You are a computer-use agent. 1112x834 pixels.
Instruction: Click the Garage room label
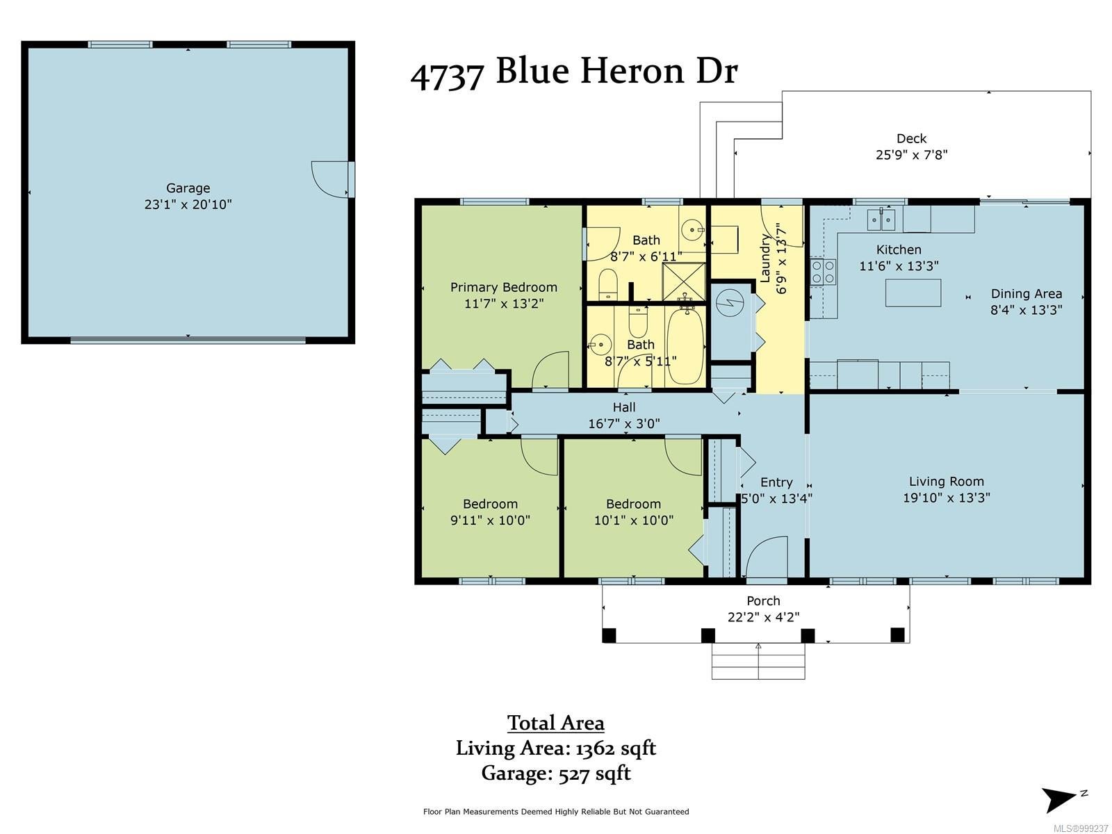188,188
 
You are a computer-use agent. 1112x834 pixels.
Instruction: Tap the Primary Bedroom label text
503,287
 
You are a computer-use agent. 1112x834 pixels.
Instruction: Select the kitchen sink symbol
881,220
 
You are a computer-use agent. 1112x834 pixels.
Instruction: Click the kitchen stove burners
822,272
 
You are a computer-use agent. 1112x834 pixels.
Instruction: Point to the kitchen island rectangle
913,293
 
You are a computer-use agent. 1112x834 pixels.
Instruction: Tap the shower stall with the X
684,281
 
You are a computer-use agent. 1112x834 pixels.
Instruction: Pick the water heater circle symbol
730,304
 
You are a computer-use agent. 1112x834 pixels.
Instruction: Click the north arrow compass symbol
1062,799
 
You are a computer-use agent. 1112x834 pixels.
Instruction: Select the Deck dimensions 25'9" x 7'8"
911,154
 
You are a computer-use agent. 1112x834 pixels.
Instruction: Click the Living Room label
946,481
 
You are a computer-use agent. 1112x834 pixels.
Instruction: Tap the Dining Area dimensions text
1026,309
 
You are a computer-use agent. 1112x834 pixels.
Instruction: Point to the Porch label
763,600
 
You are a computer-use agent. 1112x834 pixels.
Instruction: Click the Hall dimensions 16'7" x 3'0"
623,423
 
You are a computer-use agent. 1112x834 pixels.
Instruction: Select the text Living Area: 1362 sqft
556,748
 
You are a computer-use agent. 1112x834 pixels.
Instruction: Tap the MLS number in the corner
1081,828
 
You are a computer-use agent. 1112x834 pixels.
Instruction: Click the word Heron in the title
634,71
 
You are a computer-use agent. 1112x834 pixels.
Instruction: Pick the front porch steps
758,661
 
